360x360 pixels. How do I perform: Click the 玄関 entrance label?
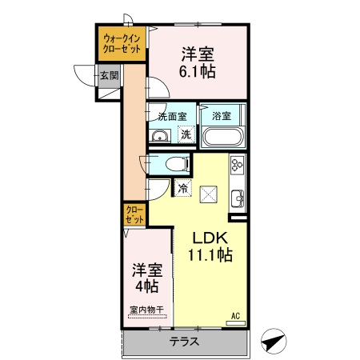click(110, 76)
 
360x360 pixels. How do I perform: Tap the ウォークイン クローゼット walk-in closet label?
click(122, 44)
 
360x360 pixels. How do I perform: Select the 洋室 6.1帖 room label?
click(198, 63)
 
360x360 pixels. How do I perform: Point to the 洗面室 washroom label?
click(172, 117)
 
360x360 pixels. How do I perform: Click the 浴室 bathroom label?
click(222, 116)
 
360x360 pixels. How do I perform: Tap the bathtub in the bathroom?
click(223, 137)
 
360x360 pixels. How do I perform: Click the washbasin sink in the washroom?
click(160, 136)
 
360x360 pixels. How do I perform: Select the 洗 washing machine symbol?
click(186, 134)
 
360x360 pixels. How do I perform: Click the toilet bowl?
click(177, 164)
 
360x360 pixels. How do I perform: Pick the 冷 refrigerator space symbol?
click(183, 188)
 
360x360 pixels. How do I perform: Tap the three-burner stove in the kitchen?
click(237, 165)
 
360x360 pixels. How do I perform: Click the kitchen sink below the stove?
click(238, 198)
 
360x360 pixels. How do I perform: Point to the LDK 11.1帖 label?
click(210, 246)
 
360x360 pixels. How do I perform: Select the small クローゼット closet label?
click(135, 214)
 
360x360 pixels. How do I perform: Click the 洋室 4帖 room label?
click(147, 278)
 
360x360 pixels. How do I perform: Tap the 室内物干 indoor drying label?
click(146, 310)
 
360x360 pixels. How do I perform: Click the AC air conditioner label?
click(235, 316)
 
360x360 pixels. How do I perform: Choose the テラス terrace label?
click(184, 342)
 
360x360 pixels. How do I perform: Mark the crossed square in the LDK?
click(209, 194)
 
